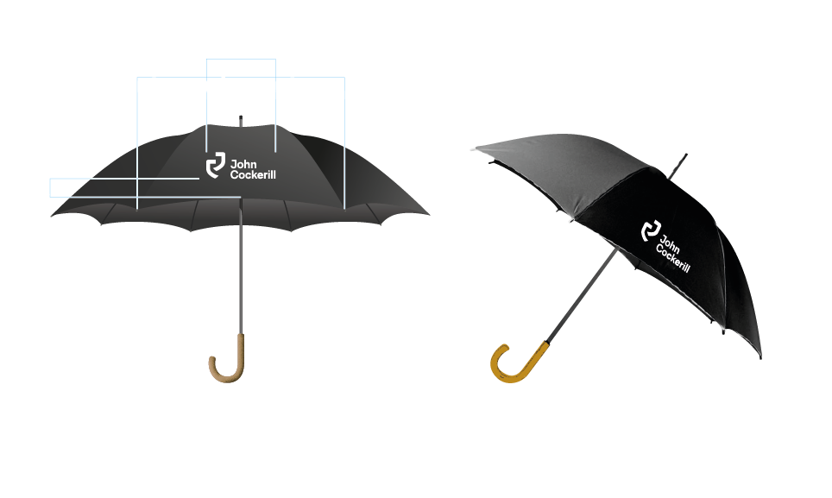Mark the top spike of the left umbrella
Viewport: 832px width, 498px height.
(240, 118)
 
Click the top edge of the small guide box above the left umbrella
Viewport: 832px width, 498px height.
(241, 60)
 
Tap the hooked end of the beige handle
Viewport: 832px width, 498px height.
(211, 360)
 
